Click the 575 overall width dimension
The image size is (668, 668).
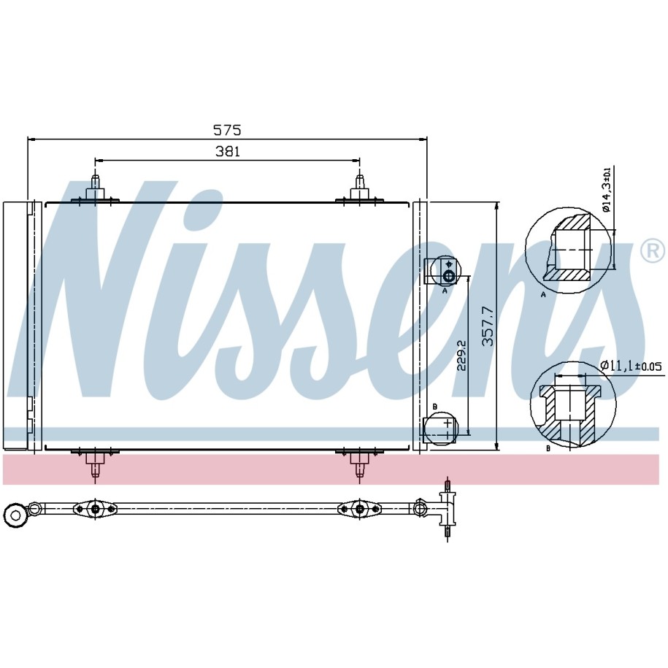click(227, 129)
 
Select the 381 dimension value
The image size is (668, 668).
click(228, 151)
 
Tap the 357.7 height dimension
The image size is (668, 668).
click(488, 326)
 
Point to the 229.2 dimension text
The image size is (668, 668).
click(462, 355)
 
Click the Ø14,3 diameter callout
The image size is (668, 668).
click(607, 189)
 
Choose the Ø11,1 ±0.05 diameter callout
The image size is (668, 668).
click(631, 366)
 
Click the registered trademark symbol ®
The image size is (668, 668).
click(652, 250)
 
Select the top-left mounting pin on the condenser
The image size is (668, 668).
click(95, 187)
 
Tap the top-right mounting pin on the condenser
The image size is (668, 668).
click(360, 187)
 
